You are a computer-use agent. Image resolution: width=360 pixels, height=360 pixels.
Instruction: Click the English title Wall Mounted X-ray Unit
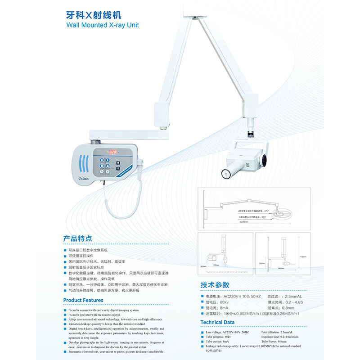pyautogui.click(x=103, y=26)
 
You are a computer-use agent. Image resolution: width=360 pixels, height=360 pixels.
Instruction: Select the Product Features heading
pyautogui.click(x=83, y=300)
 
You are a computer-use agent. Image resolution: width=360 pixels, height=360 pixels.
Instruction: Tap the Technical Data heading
pyautogui.click(x=217, y=322)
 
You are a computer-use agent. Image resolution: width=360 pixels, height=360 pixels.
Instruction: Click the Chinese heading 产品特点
pyautogui.click(x=78, y=238)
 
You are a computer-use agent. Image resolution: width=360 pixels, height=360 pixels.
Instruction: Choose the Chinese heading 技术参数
pyautogui.click(x=215, y=285)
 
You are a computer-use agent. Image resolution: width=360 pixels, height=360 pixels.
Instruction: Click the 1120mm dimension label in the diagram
pyautogui.click(x=303, y=257)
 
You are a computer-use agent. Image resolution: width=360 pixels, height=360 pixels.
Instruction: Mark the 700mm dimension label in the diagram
pyautogui.click(x=216, y=265)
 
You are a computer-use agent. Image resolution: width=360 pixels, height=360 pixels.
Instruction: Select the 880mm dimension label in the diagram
pyautogui.click(x=281, y=269)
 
